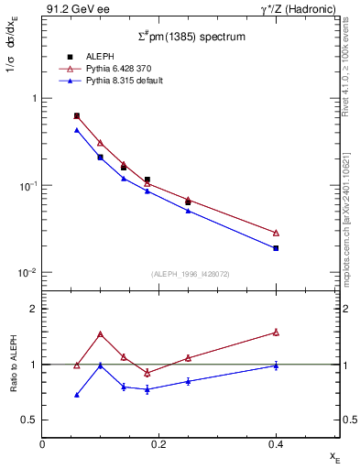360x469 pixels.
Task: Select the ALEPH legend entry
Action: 98,56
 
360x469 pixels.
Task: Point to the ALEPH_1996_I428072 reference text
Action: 191,275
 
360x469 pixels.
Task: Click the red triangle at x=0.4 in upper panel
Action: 276,233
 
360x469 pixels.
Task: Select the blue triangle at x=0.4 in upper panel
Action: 276,248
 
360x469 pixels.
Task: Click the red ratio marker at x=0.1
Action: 100,333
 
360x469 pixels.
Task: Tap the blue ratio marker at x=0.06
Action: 77,395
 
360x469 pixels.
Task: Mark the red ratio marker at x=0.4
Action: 276,332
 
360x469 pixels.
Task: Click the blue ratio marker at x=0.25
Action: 188,381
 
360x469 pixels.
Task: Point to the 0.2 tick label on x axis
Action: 159,443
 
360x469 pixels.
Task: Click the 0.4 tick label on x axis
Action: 276,443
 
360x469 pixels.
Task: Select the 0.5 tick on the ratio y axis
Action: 31,420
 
